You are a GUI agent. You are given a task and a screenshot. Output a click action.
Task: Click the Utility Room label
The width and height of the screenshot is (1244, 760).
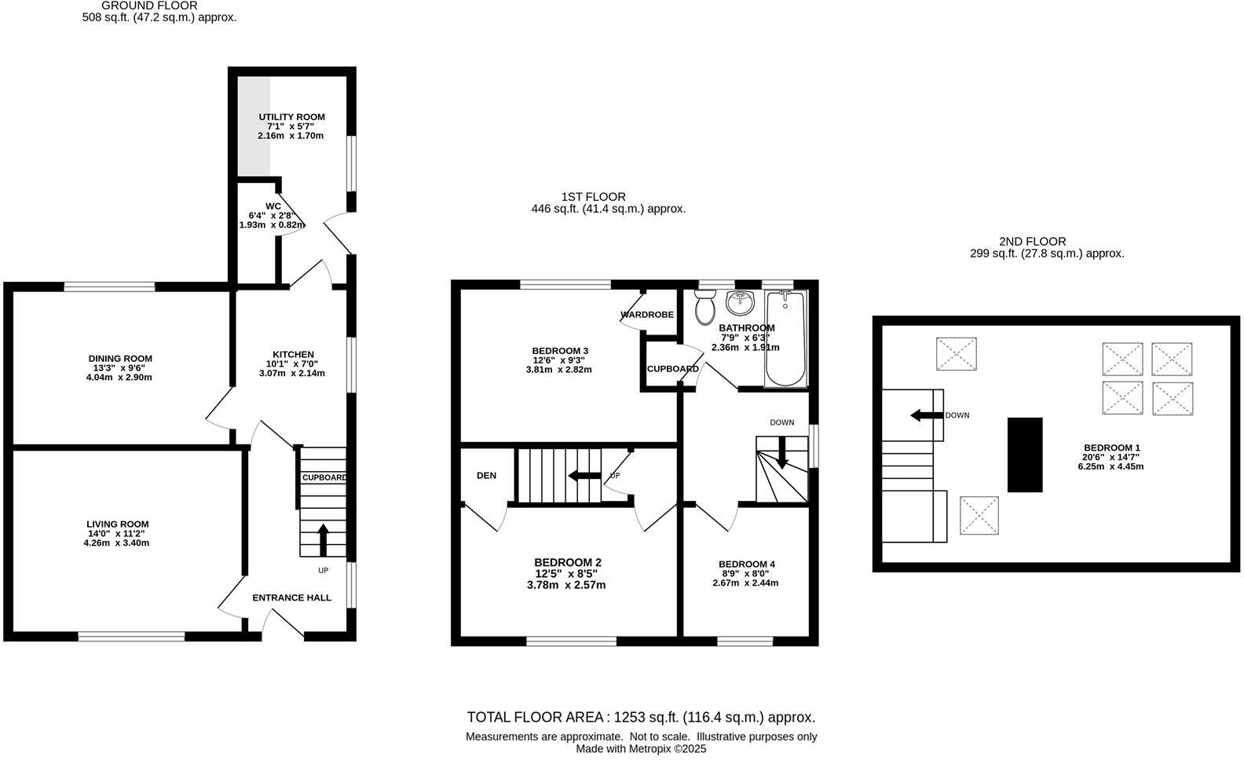pyautogui.click(x=291, y=117)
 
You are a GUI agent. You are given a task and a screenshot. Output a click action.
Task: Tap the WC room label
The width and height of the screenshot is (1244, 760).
pyautogui.click(x=273, y=206)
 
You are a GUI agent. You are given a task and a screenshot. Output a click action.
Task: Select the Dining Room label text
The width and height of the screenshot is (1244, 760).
pyautogui.click(x=120, y=359)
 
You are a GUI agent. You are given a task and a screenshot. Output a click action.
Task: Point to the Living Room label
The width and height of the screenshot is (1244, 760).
pyautogui.click(x=118, y=524)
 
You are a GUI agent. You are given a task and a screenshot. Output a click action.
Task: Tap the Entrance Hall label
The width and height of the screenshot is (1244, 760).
pyautogui.click(x=291, y=597)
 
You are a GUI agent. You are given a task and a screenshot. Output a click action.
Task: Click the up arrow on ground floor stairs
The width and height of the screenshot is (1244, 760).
pyautogui.click(x=323, y=539)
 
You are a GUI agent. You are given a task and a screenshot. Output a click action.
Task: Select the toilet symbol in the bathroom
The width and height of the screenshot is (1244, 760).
pyautogui.click(x=704, y=307)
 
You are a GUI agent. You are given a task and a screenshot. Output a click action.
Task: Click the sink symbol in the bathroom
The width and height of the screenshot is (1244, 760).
pyautogui.click(x=739, y=302)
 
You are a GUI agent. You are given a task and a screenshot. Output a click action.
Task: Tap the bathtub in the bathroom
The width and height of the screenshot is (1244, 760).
pyautogui.click(x=785, y=338)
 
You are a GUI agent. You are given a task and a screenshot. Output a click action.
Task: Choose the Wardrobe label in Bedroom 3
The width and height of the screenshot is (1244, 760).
pyautogui.click(x=647, y=315)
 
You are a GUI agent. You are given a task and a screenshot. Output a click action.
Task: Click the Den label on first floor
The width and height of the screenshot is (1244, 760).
pyautogui.click(x=486, y=476)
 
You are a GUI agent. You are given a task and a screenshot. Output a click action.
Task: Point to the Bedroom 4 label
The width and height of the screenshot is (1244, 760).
pyautogui.click(x=747, y=564)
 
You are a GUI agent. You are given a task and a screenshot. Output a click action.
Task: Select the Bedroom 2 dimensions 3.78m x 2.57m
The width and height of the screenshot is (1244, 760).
pyautogui.click(x=568, y=585)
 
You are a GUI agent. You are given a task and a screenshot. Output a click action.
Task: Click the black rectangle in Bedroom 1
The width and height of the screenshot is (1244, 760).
pyautogui.click(x=1025, y=455)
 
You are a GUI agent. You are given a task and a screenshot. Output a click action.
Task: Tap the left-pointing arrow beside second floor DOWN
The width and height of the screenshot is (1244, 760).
pyautogui.click(x=925, y=415)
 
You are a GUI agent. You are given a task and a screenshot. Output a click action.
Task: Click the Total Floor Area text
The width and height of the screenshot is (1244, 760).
pyautogui.click(x=641, y=717)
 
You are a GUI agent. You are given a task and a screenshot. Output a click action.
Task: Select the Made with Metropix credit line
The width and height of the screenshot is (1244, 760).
pyautogui.click(x=641, y=749)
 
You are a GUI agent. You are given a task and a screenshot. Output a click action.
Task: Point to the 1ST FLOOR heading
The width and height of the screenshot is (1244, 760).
pyautogui.click(x=593, y=196)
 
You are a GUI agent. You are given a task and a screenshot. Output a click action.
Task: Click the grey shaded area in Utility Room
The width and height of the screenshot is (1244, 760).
pyautogui.click(x=254, y=126)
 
